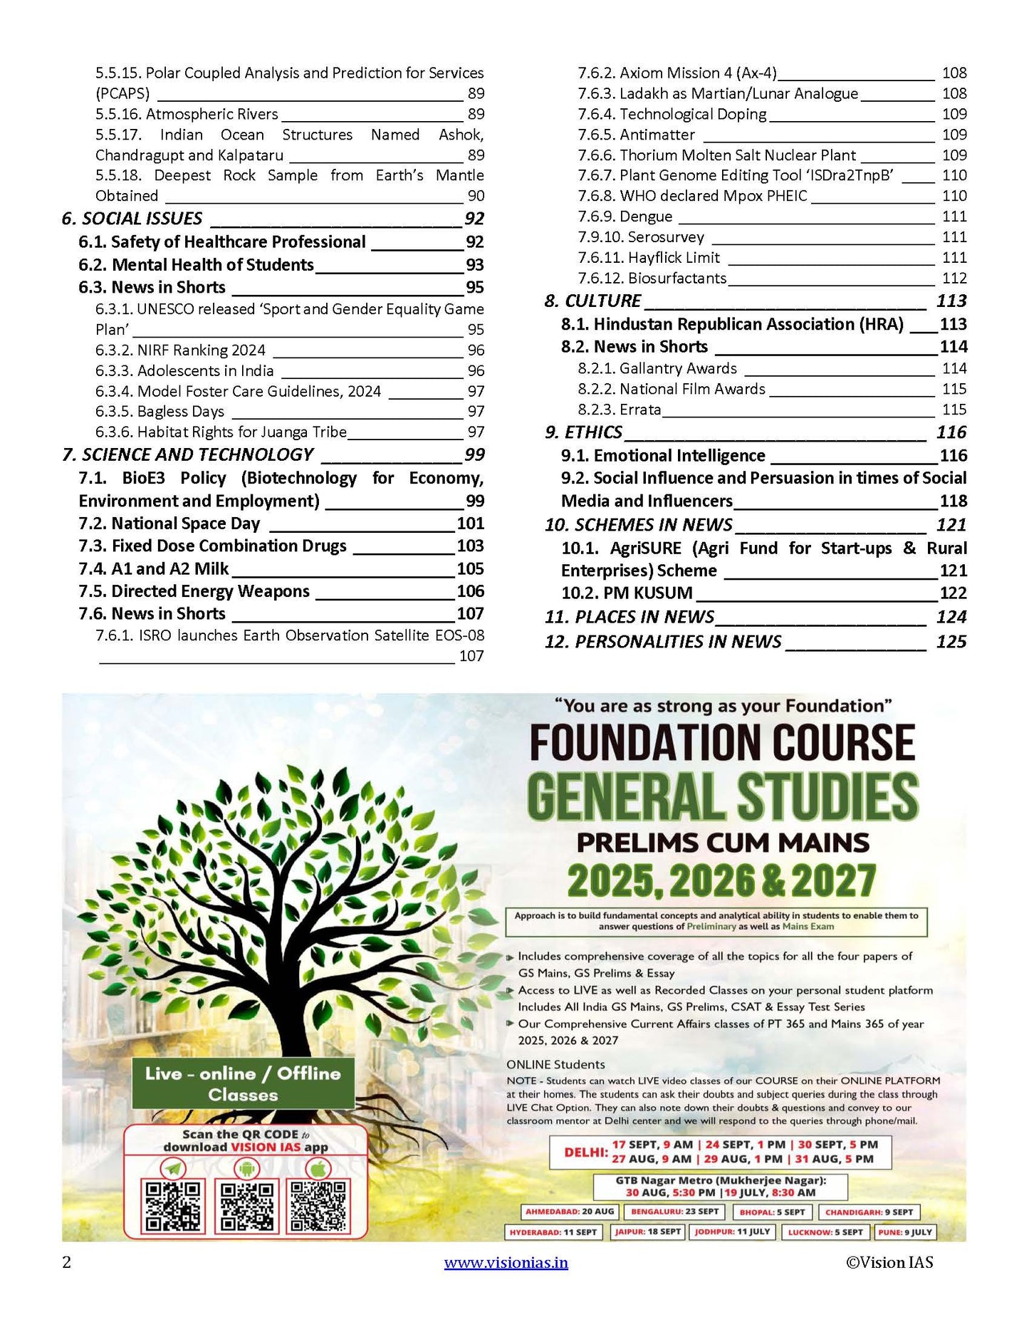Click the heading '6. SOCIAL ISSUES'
click(x=132, y=219)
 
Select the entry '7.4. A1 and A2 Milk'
click(x=154, y=568)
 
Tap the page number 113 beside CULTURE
click(x=951, y=301)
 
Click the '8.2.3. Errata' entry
click(x=619, y=410)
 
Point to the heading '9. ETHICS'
click(x=583, y=432)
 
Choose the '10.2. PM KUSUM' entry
click(x=627, y=593)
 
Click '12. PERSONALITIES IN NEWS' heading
click(x=663, y=642)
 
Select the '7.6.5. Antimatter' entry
click(x=636, y=135)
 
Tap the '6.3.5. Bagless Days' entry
click(x=160, y=412)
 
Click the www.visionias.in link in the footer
click(x=506, y=1263)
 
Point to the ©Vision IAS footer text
click(x=889, y=1263)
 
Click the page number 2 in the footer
click(x=67, y=1263)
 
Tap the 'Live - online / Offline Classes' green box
click(x=243, y=1083)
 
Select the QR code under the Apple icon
click(x=318, y=1207)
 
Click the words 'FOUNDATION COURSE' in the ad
click(x=722, y=742)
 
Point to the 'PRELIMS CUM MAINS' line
click(x=722, y=843)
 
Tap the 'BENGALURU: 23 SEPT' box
click(x=675, y=1212)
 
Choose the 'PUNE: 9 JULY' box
click(x=905, y=1232)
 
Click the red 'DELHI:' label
click(x=585, y=1152)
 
